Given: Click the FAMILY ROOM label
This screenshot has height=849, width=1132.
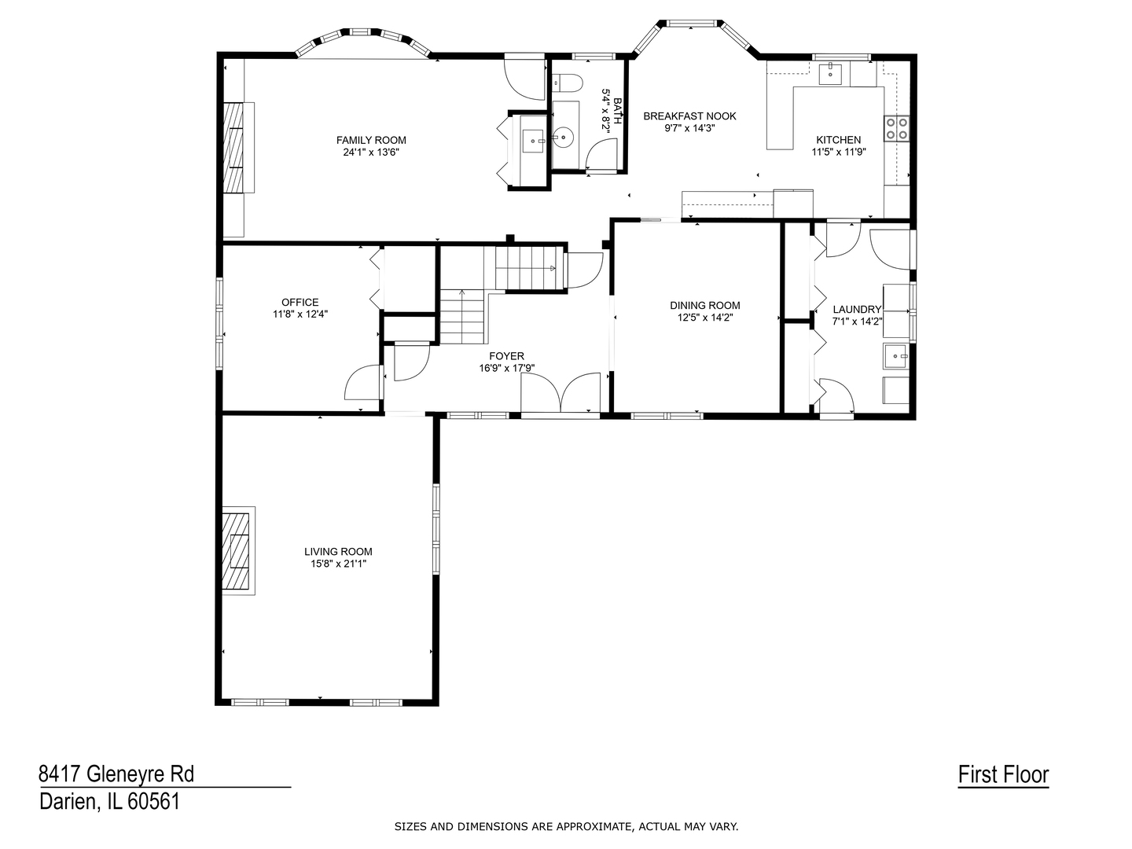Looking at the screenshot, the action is coord(371,140).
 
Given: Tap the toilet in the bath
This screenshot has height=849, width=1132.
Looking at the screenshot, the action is coord(567,83).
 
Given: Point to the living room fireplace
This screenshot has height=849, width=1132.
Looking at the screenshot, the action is coord(237,551).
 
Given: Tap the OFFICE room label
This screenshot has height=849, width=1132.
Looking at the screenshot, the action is coord(300,302).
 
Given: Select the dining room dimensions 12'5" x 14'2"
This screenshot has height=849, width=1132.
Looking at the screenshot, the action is coord(705,318).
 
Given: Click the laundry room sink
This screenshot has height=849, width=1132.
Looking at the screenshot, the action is coord(896,356).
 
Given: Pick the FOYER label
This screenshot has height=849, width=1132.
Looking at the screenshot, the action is coord(506,355).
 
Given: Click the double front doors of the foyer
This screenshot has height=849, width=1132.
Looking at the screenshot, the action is coord(560,393).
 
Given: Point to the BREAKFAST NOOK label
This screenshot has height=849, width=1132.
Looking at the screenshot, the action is coord(689,116).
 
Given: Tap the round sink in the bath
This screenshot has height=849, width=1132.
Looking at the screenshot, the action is coord(563,137).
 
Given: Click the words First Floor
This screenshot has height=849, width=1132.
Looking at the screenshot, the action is coord(1003,775).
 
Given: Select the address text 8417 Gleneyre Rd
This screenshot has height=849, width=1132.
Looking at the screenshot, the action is coord(116,774).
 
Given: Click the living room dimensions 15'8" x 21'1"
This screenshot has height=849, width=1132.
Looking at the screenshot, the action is coord(338,564).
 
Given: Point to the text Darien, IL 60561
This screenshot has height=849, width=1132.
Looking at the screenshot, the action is coord(110,802).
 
